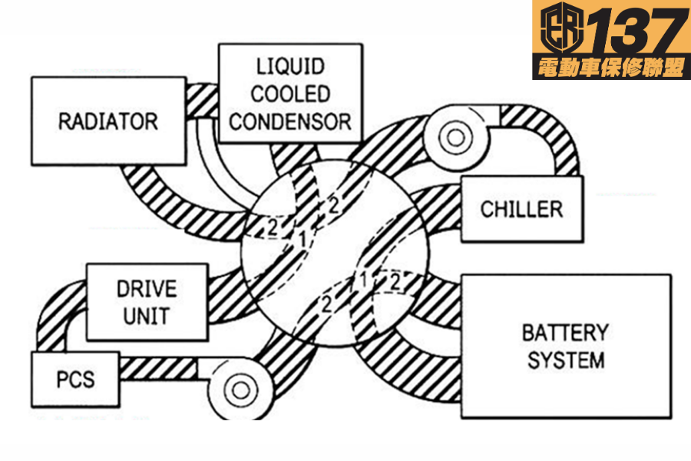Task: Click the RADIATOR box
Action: (x=108, y=121)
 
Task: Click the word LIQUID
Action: (x=290, y=66)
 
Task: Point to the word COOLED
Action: (x=290, y=94)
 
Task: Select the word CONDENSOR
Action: (x=290, y=121)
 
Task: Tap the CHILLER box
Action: (x=521, y=208)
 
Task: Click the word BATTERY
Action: (x=565, y=333)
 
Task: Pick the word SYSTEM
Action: (x=565, y=360)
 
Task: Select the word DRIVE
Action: (x=147, y=290)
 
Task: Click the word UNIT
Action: (x=147, y=316)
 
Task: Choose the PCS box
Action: (x=75, y=380)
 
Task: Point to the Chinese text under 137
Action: (x=611, y=68)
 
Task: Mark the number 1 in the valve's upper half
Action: (x=303, y=239)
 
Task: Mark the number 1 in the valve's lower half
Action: (x=363, y=279)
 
